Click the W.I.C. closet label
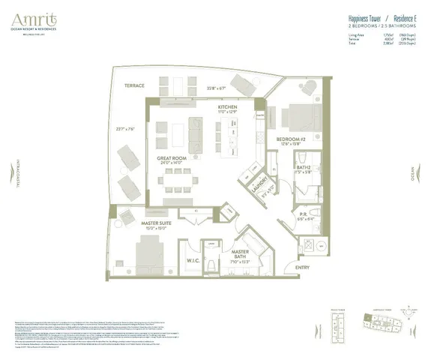(193, 261)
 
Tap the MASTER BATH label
(241, 254)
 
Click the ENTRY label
(302, 268)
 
